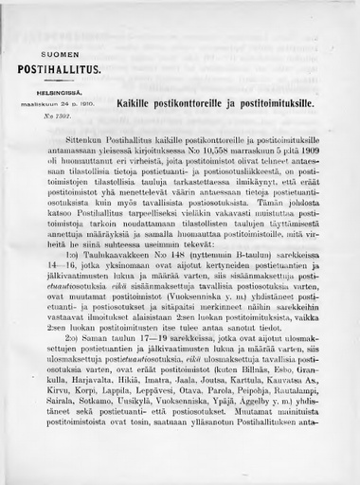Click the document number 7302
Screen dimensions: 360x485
(x=54, y=113)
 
